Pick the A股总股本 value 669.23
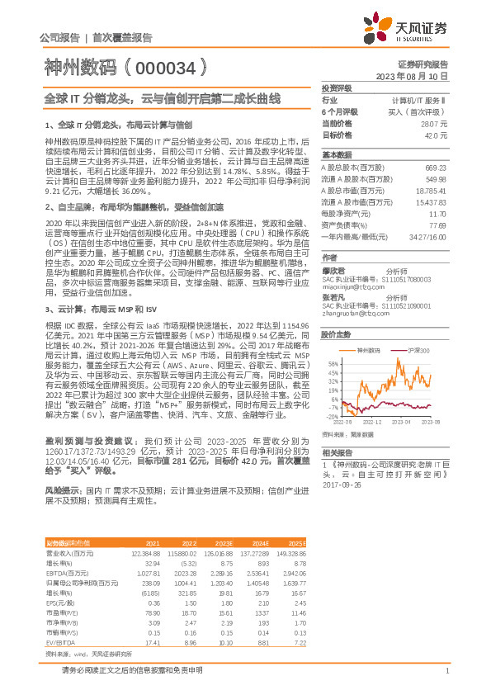click(436, 168)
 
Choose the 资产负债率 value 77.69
click(437, 225)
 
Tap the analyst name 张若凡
click(333, 296)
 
